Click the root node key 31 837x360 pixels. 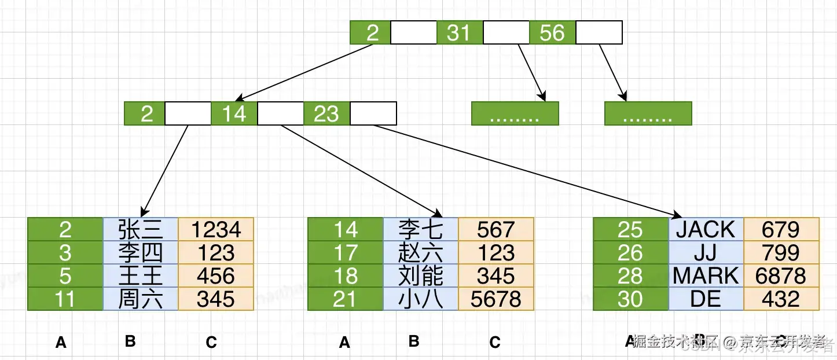[x=460, y=32]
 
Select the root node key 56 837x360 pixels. [x=552, y=32]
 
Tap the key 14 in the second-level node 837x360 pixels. [x=234, y=113]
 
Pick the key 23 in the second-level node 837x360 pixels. [x=326, y=113]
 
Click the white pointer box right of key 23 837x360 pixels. [x=373, y=113]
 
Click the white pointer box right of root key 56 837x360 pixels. [x=599, y=32]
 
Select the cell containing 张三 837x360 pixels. [x=140, y=230]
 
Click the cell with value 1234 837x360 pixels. [x=216, y=230]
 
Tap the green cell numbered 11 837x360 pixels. [x=65, y=299]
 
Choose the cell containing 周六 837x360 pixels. [x=140, y=299]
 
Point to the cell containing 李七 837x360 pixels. [x=421, y=230]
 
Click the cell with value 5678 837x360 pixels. [x=496, y=299]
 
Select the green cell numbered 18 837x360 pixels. [x=346, y=276]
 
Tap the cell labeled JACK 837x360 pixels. [x=706, y=230]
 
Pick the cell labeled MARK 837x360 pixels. [x=706, y=276]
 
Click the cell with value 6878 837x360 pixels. [x=781, y=276]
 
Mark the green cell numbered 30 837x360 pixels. [x=630, y=299]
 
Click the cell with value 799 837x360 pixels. [x=781, y=253]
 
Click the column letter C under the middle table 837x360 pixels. [x=495, y=343]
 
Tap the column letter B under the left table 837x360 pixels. [x=130, y=341]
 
